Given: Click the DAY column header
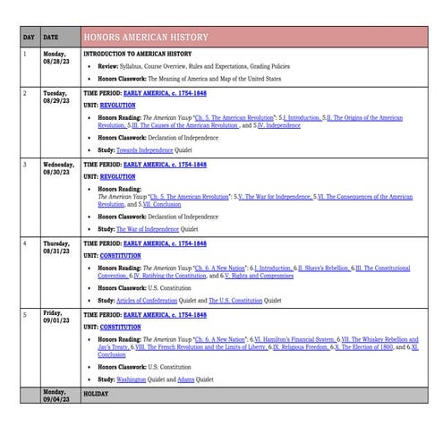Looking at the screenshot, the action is coord(29,38).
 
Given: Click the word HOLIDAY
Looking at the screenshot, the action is coord(96,392).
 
